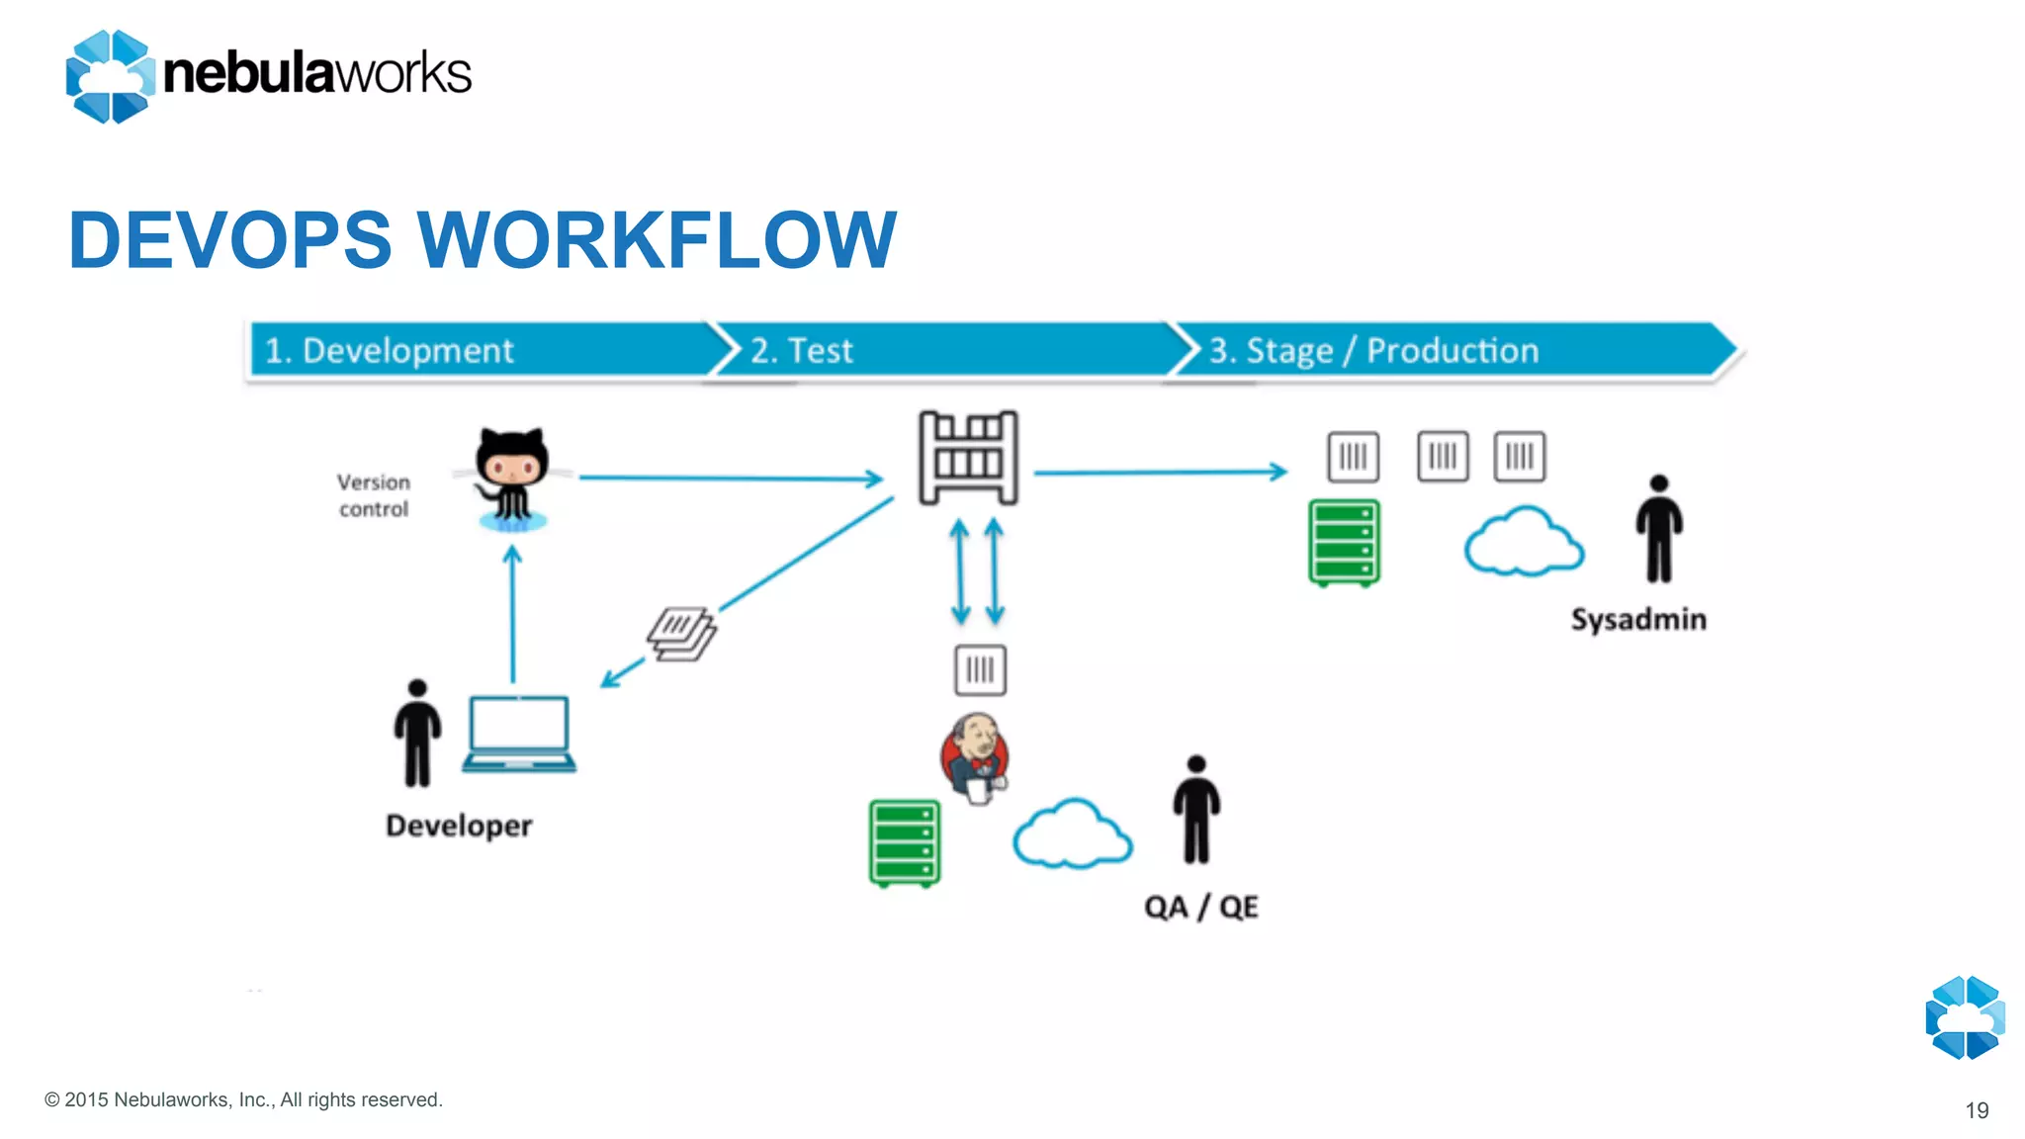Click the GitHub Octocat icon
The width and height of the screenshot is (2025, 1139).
511,478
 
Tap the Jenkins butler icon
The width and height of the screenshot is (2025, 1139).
975,756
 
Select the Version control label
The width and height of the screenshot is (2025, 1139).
374,495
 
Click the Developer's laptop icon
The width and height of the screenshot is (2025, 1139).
519,735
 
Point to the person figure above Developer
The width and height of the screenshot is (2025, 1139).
417,733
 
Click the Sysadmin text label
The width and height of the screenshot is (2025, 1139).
1638,620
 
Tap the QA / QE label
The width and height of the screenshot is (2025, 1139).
1200,907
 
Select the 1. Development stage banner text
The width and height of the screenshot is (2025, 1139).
390,351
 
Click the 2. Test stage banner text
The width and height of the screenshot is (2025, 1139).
801,351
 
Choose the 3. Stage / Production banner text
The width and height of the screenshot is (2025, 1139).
1373,351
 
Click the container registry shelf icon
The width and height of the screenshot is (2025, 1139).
968,458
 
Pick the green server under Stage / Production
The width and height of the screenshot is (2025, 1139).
1344,543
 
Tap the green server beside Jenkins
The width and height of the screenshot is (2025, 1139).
904,843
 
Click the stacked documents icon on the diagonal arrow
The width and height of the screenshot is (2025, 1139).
681,634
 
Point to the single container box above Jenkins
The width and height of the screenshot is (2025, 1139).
980,670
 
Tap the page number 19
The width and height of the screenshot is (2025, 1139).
1977,1110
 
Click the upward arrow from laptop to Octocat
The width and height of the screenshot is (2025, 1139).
512,613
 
